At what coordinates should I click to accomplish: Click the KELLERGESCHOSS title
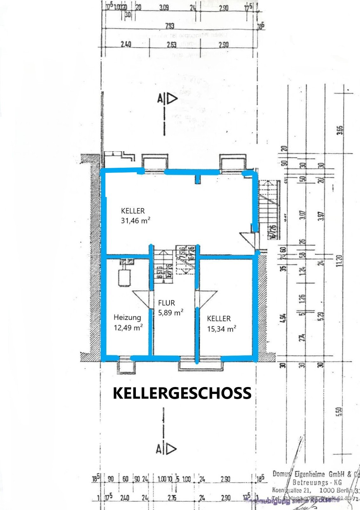[182, 393]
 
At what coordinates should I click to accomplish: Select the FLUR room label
[167, 303]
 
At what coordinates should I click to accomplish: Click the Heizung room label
[127, 317]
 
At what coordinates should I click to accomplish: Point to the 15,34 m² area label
[222, 329]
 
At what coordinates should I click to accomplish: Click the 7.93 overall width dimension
[170, 25]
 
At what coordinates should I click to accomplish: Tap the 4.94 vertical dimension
[284, 318]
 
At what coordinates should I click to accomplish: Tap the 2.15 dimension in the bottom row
[172, 497]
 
